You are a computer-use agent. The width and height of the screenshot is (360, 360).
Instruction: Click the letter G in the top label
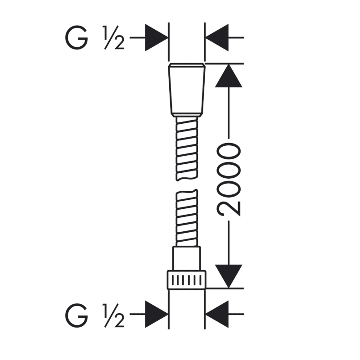point(76,38)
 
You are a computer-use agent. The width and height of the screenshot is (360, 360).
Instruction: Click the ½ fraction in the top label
point(113,38)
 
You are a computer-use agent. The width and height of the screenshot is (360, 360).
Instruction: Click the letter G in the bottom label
point(76,315)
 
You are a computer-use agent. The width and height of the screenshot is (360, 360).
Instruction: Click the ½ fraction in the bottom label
point(113,315)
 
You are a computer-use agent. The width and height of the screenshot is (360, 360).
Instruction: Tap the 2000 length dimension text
point(228,180)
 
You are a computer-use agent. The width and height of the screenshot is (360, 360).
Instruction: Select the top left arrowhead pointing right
point(156,37)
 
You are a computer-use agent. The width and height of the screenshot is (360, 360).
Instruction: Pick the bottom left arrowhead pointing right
point(156,314)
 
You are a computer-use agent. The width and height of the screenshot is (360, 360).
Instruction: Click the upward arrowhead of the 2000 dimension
point(229,76)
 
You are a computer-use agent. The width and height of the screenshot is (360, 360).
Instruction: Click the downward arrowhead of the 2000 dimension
point(229,276)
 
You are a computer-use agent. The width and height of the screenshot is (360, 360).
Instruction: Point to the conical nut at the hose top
point(187,90)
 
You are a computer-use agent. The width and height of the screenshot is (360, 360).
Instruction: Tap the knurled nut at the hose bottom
point(187,279)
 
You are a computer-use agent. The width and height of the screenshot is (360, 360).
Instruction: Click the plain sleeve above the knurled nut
point(187,258)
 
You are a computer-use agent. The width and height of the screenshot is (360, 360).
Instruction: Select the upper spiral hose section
point(187,149)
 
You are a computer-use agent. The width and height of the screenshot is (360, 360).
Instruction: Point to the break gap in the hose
point(187,185)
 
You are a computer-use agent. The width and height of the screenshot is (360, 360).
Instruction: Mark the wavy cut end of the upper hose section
point(187,178)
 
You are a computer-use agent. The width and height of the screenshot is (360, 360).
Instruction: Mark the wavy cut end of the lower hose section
point(187,192)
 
